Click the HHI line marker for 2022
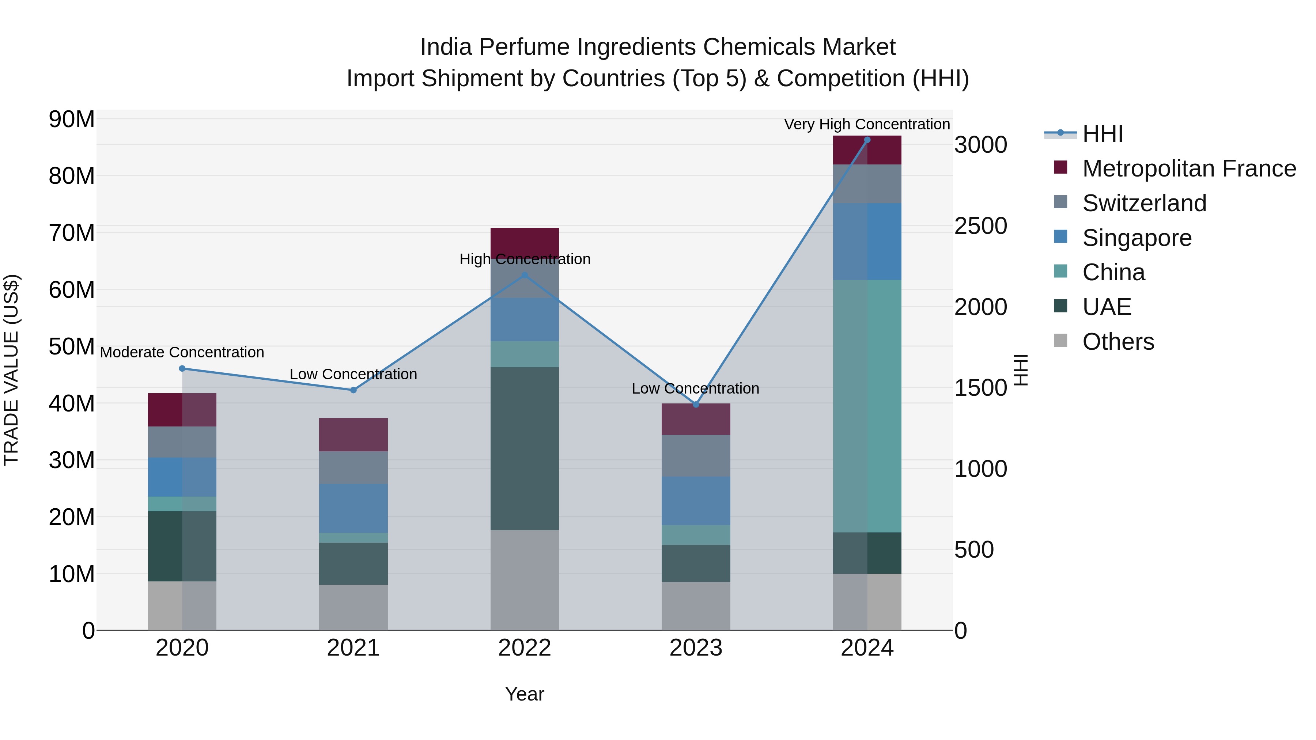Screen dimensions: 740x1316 (x=524, y=275)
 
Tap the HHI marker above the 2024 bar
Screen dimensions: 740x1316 (x=867, y=140)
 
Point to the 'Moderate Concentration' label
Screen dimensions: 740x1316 (x=182, y=352)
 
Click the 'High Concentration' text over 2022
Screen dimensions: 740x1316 (x=525, y=259)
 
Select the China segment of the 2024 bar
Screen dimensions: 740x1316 (x=867, y=406)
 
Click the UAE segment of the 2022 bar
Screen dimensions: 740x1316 (x=525, y=448)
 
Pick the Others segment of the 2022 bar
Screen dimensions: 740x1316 (x=525, y=580)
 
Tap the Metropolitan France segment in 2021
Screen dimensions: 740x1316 (x=353, y=434)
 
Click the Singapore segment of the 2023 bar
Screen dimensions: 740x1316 (x=696, y=501)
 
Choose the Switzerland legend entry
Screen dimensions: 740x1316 (x=1144, y=203)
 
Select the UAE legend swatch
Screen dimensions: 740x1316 (x=1060, y=306)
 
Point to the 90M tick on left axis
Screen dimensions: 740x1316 (x=72, y=119)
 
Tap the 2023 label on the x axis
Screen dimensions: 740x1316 (x=696, y=648)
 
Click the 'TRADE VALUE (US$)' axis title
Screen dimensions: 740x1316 (x=11, y=370)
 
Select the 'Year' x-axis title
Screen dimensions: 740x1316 (x=524, y=694)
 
